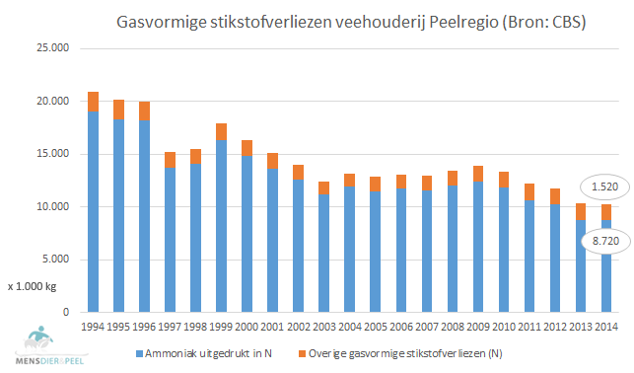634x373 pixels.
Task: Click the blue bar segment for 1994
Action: tap(94, 212)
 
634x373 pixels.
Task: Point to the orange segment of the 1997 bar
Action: tap(171, 160)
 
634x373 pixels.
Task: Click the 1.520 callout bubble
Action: tap(599, 187)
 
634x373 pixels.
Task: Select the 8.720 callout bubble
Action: tap(599, 240)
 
